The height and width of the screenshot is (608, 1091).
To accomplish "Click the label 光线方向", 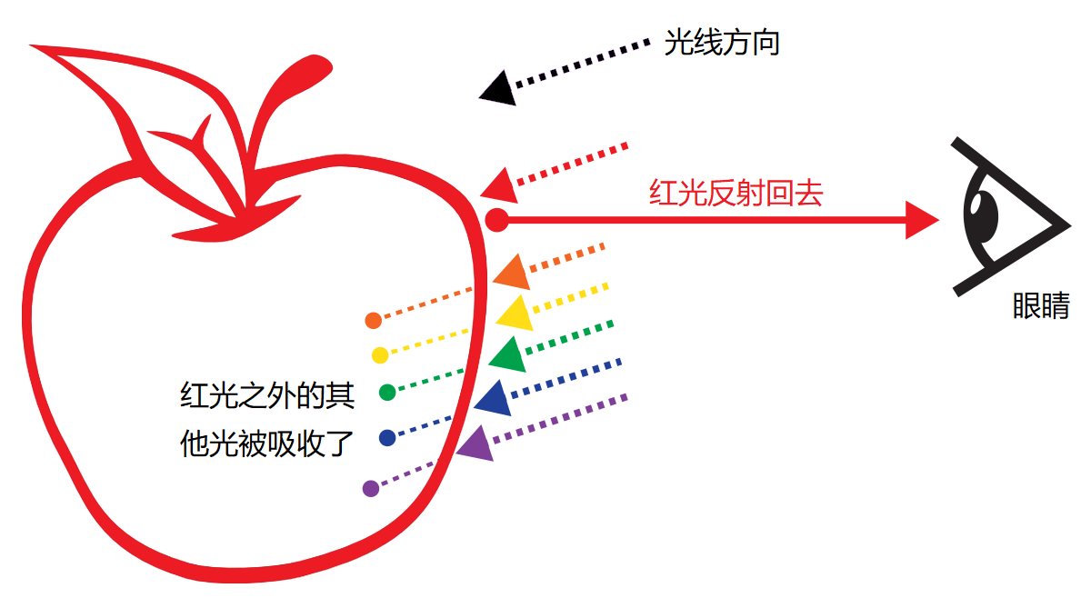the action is (x=722, y=42).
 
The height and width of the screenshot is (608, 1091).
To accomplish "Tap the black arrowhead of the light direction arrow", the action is (x=497, y=88).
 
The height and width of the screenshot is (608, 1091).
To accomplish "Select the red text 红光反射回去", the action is (x=736, y=194).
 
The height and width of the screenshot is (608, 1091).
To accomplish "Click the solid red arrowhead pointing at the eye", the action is (x=920, y=219).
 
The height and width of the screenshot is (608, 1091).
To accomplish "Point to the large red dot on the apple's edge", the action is (x=496, y=219).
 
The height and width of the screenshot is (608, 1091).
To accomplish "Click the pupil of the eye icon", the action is (x=983, y=214).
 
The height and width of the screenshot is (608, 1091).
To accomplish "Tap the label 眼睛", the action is (x=1041, y=306).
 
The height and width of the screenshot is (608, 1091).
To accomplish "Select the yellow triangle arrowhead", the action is (x=515, y=313).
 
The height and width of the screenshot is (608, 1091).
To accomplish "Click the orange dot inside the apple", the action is (x=373, y=320).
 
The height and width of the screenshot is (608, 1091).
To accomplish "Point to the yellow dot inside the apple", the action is (x=380, y=354).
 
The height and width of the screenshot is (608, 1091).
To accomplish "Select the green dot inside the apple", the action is (x=387, y=393).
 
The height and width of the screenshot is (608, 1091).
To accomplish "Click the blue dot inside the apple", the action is (x=387, y=438).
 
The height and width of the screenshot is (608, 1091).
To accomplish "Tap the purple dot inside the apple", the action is (x=370, y=489).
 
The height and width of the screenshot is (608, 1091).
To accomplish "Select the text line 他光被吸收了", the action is (x=266, y=443).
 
